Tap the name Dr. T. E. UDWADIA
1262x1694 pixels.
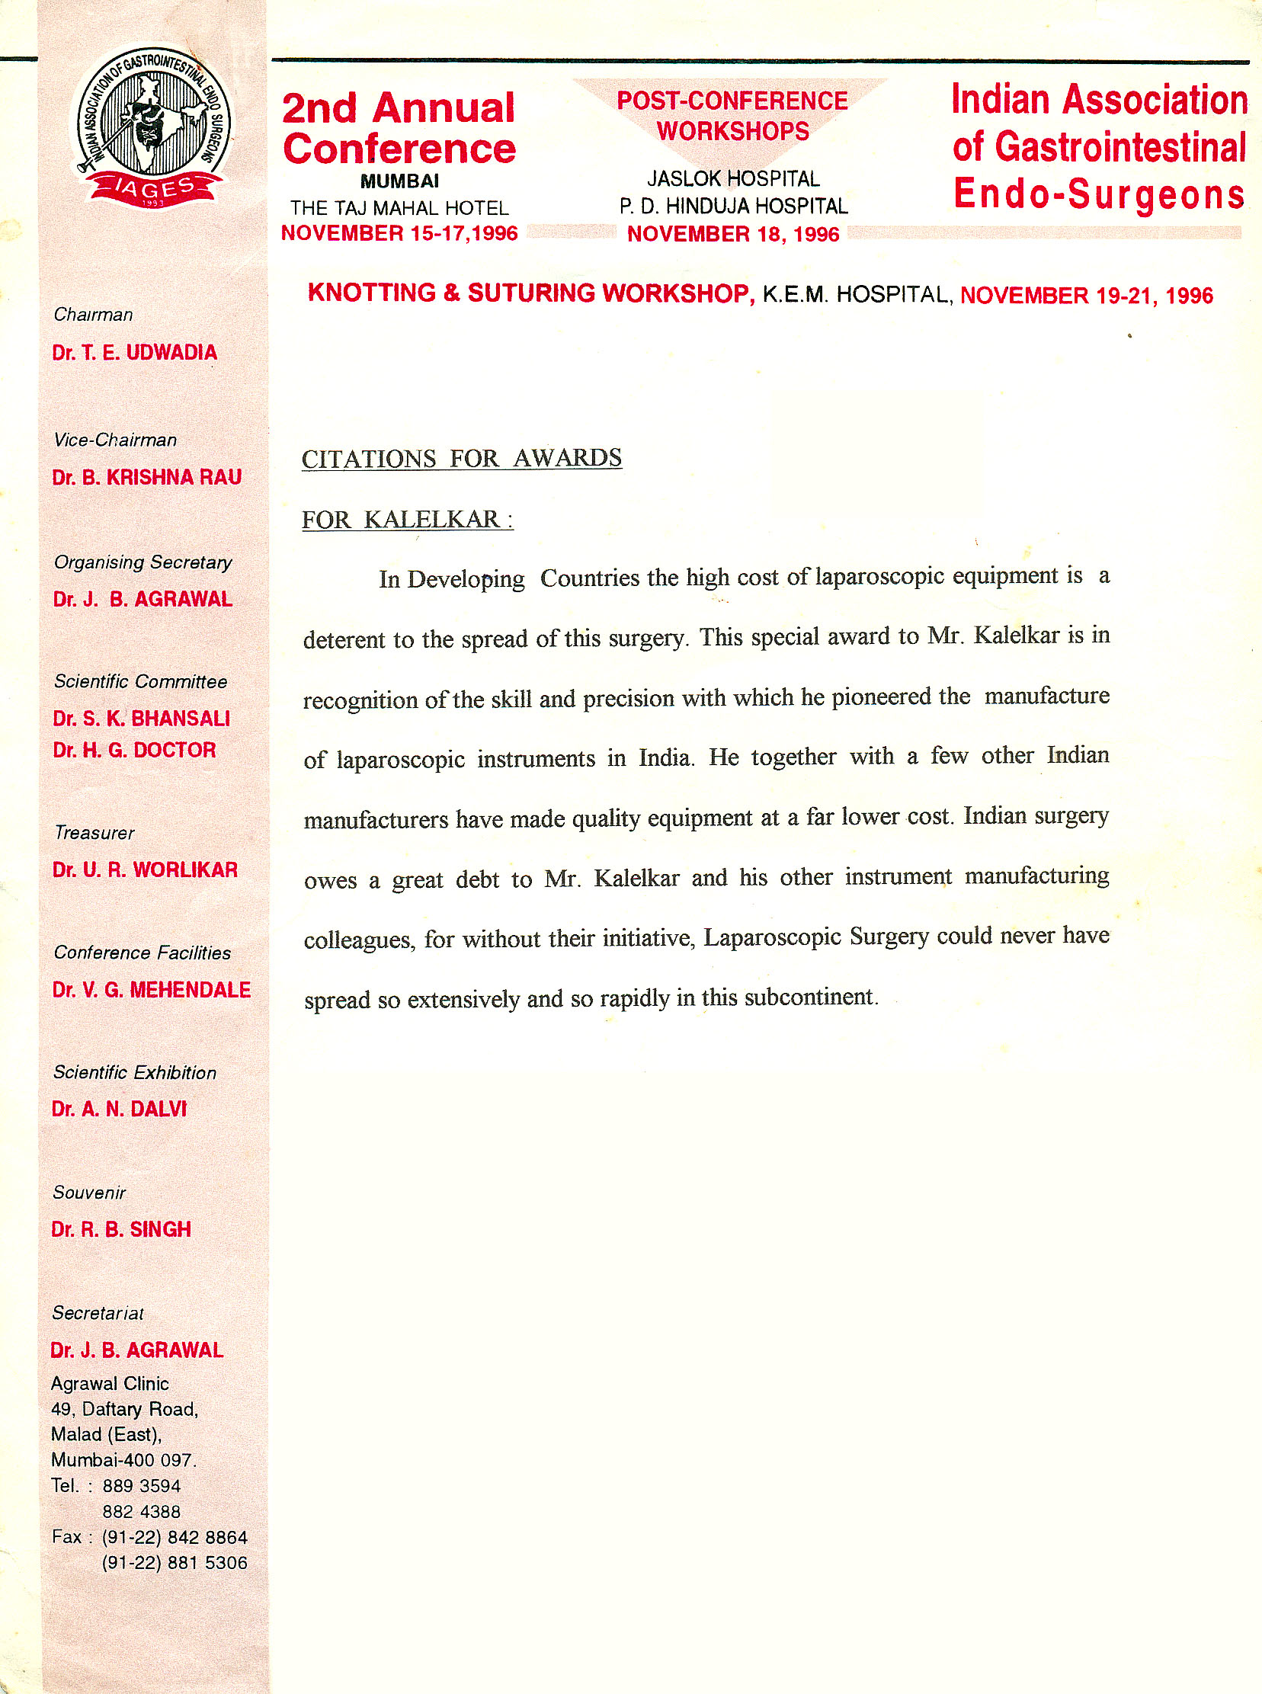[134, 353]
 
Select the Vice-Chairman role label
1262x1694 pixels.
[114, 440]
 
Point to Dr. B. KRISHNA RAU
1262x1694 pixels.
[146, 477]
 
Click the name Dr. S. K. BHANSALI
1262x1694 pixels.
[141, 719]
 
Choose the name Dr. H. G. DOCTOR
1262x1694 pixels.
[134, 750]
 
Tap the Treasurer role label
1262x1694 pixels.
[94, 832]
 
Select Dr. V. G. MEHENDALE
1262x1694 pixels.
[151, 990]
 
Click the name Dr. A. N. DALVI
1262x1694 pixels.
[119, 1109]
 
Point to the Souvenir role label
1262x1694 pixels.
[89, 1193]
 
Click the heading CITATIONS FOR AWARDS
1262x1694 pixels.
[461, 458]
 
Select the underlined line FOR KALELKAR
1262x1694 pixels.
[407, 520]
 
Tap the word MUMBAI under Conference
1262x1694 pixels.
[399, 182]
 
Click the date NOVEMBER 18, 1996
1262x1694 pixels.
[732, 235]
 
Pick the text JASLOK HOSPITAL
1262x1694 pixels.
[732, 179]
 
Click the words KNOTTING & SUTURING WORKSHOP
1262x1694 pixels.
[531, 293]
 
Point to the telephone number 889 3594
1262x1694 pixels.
[141, 1485]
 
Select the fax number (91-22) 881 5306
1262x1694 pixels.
[175, 1563]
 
